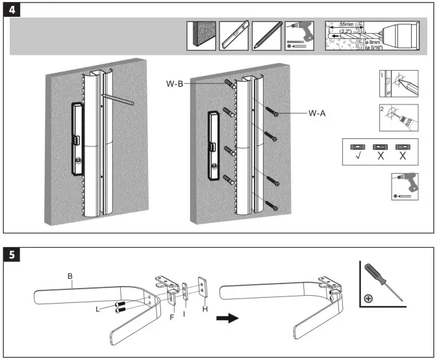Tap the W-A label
[x=317, y=112]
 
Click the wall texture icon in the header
[x=201, y=36]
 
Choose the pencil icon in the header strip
[x=266, y=36]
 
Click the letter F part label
[x=171, y=317]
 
